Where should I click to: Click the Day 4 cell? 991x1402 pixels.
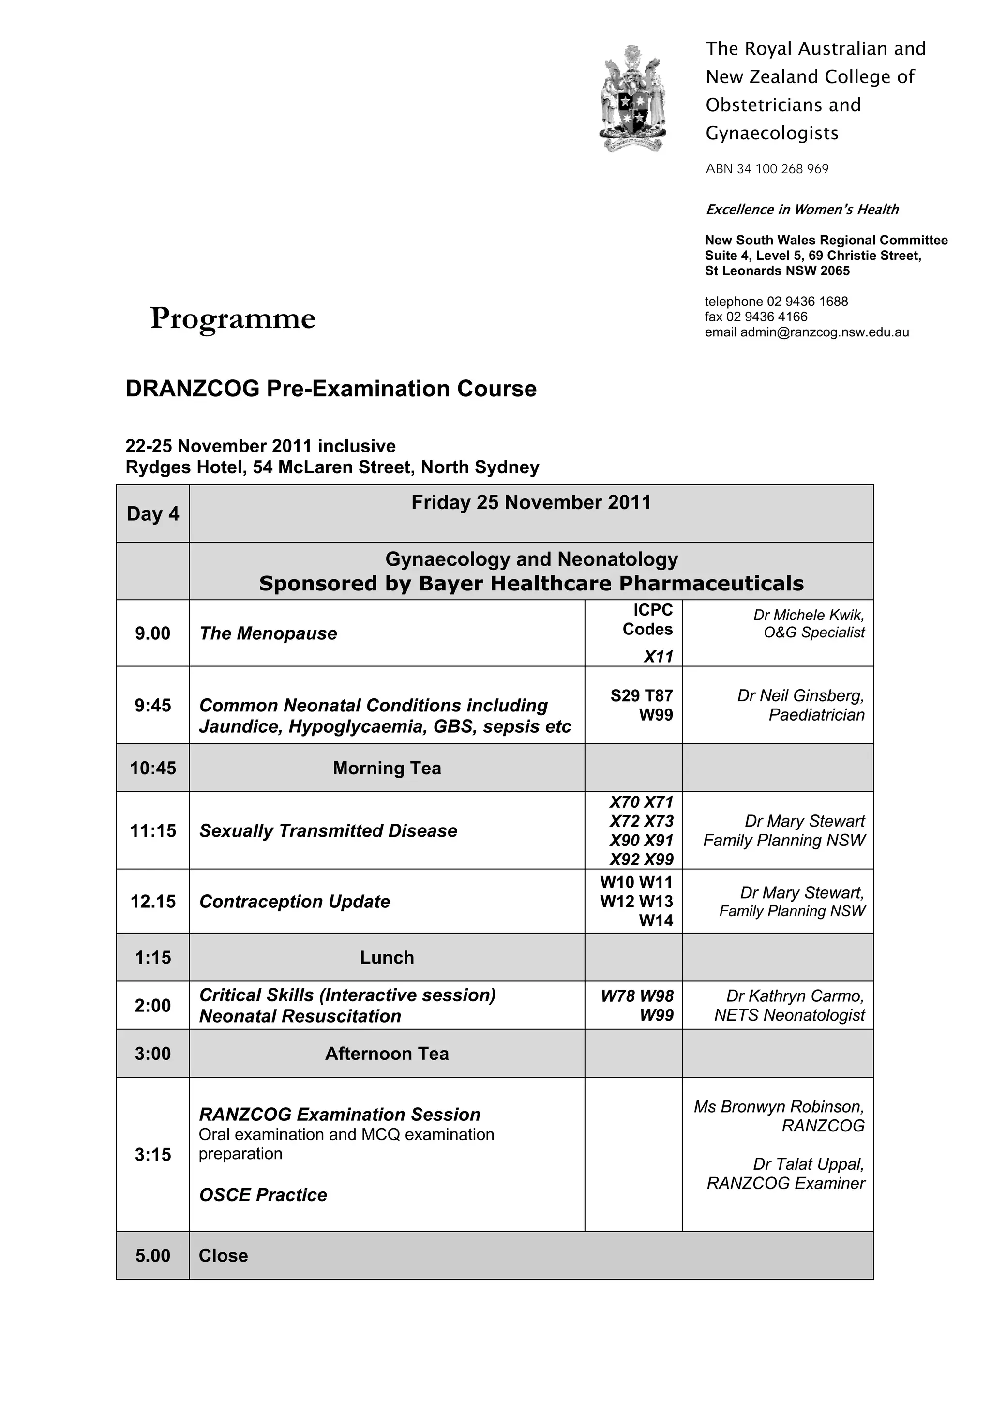pos(152,513)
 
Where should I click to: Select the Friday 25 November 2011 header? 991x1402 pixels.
pos(531,502)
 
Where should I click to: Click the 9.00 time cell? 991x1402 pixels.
pos(152,633)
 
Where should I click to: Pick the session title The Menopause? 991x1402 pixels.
pos(268,633)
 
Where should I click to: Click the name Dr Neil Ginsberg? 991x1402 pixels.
pos(800,695)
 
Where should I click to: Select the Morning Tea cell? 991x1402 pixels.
pos(387,768)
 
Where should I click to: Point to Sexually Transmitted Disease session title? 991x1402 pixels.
pos(328,830)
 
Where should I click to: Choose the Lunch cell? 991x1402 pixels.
pos(387,957)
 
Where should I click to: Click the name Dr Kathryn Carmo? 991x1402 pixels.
pos(795,996)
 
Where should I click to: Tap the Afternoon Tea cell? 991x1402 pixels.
pos(387,1054)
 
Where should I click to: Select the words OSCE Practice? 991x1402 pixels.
pos(263,1194)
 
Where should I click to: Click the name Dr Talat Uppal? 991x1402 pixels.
pos(809,1164)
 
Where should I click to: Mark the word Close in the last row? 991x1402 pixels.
pos(224,1255)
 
